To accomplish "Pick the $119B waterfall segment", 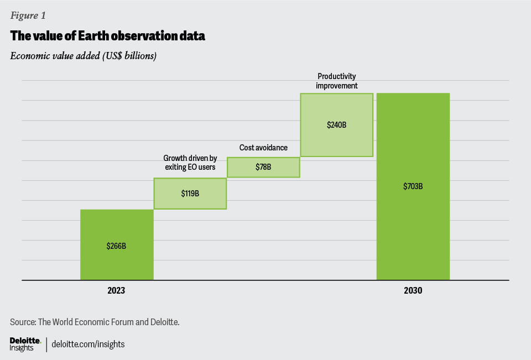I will click(190, 194).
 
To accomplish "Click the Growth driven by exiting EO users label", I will click(190, 163).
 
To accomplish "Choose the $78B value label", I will click(263, 167).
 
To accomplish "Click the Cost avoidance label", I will click(263, 148).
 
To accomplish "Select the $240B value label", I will click(336, 125).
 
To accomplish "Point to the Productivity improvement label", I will click(336, 81).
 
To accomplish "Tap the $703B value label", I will click(413, 186).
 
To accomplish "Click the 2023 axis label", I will click(116, 290).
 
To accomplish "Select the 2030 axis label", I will click(413, 290).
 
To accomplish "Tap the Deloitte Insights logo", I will click(22, 344).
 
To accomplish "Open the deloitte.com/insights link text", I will click(88, 344).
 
